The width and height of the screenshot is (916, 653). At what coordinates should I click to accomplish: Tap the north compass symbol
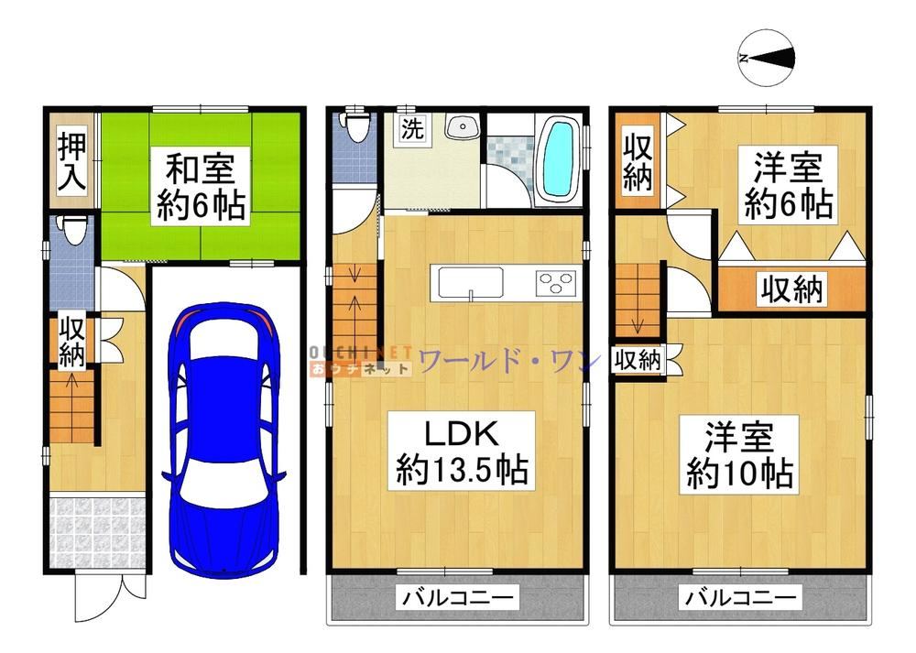767,58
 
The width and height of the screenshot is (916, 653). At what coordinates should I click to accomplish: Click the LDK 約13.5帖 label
462,452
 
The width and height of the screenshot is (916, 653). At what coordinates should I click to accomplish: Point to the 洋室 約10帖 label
739,455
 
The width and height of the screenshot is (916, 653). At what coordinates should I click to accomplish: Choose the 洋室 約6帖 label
788,185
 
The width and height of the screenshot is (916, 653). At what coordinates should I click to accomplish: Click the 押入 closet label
71,162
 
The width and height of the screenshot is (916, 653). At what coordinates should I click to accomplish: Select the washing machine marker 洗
412,128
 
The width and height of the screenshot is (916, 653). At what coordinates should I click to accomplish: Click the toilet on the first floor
74,230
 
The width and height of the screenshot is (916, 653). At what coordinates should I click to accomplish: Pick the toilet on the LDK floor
355,125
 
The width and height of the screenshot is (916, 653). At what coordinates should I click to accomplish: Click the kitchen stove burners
555,283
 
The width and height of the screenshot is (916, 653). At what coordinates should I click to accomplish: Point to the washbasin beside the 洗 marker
463,125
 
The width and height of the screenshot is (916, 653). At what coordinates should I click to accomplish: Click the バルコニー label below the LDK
458,597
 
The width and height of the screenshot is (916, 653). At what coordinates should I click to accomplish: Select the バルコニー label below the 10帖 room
740,597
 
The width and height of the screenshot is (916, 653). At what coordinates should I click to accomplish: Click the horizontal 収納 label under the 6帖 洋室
791,288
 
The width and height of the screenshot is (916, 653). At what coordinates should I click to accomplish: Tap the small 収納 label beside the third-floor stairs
638,360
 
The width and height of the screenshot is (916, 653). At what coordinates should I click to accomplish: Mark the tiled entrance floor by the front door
97,531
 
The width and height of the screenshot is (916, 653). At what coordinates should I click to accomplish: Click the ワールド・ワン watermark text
509,361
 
